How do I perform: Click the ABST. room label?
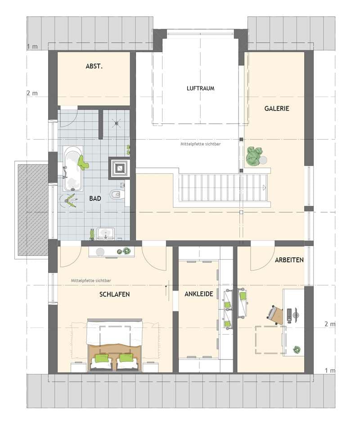tap(94, 67)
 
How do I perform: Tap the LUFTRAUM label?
tap(200, 89)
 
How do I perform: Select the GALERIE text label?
tap(276, 108)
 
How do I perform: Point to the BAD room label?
tap(95, 198)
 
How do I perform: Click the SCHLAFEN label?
tap(115, 294)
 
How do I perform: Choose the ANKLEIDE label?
tap(198, 294)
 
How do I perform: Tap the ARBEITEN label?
tap(289, 260)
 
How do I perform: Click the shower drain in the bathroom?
tap(117, 122)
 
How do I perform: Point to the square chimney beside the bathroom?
tap(120, 168)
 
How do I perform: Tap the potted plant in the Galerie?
tap(254, 156)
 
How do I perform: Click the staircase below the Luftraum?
tap(223, 188)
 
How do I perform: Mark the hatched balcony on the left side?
tap(32, 209)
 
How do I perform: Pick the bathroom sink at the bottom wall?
tap(106, 233)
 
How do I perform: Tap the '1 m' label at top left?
tap(32, 46)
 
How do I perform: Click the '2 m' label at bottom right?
tap(329, 324)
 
